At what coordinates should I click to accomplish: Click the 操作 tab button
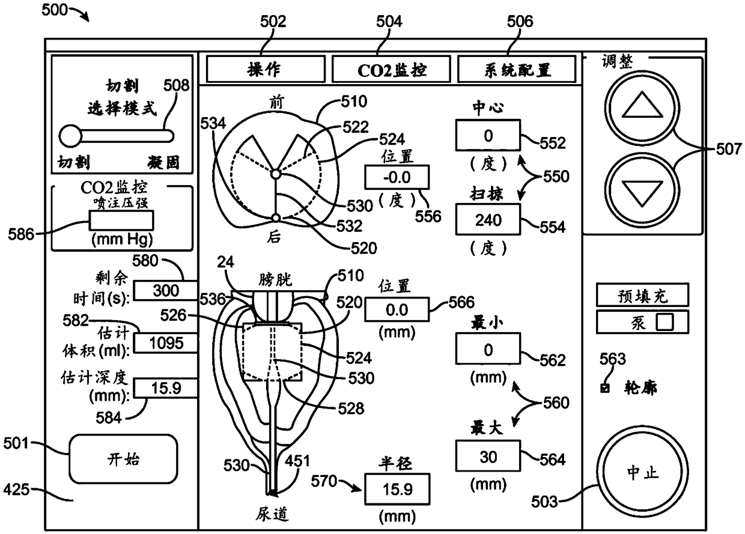click(x=266, y=70)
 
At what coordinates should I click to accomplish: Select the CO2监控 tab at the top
click(x=391, y=70)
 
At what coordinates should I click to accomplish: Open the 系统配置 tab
click(x=517, y=70)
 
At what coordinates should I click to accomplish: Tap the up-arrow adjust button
click(x=642, y=108)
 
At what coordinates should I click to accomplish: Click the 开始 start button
click(x=123, y=459)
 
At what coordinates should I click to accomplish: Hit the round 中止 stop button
click(x=643, y=472)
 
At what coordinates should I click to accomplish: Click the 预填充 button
click(x=643, y=295)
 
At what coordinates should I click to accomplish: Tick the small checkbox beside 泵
click(x=665, y=322)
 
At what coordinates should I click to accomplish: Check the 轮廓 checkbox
click(x=605, y=388)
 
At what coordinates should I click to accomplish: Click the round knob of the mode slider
click(x=70, y=136)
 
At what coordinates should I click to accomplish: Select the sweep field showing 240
click(x=488, y=220)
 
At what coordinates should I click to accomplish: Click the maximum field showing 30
click(x=488, y=456)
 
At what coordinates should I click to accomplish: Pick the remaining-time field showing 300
click(x=166, y=291)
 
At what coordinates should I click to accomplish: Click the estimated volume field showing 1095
click(x=166, y=343)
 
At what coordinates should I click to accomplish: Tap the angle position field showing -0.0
click(x=397, y=177)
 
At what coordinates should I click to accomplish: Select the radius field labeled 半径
click(x=397, y=489)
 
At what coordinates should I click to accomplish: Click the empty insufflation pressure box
click(x=121, y=220)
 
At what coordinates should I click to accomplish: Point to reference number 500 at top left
click(x=55, y=10)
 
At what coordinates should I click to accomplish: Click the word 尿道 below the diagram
click(x=272, y=514)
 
